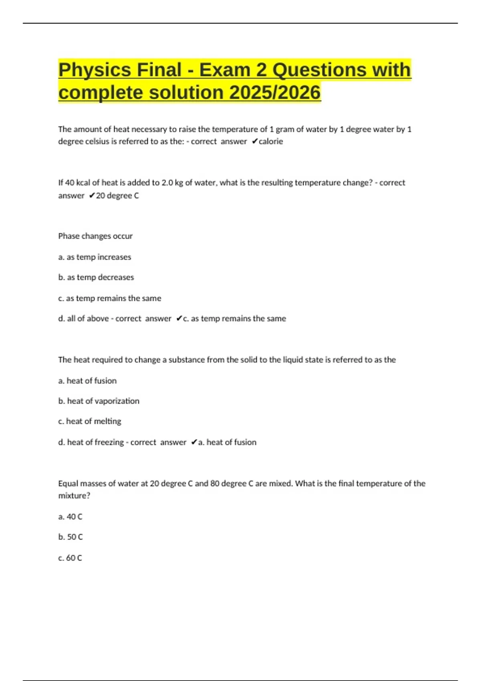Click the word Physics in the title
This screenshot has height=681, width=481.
click(95, 70)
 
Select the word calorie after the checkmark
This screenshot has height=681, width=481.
click(271, 141)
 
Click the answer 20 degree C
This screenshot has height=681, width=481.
click(117, 196)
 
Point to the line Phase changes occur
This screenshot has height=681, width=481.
click(95, 236)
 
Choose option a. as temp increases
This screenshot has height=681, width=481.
click(95, 257)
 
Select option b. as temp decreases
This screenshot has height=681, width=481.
click(96, 277)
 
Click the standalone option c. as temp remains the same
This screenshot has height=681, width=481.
click(109, 298)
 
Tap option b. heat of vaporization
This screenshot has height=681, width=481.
click(99, 401)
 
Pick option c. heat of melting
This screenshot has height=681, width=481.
click(89, 421)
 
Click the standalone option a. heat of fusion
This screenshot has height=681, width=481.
click(87, 381)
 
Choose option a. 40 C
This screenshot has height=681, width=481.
click(70, 517)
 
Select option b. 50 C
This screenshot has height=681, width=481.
click(70, 537)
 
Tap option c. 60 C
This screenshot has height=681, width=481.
click(70, 558)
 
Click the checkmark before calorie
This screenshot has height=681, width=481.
click(255, 141)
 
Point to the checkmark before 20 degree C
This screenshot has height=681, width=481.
click(92, 196)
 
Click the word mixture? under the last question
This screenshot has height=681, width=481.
click(74, 496)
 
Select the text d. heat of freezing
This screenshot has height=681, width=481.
click(91, 442)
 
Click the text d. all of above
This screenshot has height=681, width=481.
click(83, 319)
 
